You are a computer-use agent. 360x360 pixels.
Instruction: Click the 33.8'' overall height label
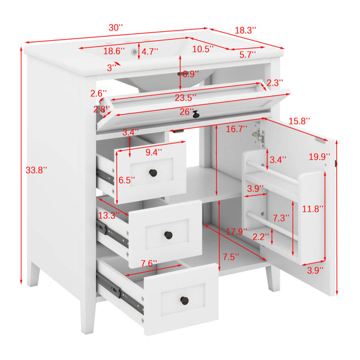36,170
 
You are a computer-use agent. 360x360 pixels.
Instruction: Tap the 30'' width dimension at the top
116,28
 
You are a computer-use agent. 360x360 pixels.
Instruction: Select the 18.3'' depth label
245,31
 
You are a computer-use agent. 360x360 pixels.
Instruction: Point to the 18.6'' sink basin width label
114,51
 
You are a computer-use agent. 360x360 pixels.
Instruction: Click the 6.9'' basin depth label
190,74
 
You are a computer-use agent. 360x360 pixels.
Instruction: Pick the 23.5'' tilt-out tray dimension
185,98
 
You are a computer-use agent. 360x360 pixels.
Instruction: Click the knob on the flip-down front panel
196,115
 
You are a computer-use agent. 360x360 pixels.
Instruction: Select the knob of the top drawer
153,173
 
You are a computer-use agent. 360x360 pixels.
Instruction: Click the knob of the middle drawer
168,235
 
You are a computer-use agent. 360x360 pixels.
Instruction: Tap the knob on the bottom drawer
184,301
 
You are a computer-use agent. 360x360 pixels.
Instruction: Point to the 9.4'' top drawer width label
154,152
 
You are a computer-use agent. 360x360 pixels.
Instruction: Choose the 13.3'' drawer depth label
109,215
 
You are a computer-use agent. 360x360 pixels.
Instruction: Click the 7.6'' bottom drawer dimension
149,263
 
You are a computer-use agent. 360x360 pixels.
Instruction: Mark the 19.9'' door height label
319,157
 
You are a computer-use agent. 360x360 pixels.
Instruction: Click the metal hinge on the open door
259,136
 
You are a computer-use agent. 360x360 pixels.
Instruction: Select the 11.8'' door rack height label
313,209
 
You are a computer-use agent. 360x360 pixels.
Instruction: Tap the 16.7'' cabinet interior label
236,129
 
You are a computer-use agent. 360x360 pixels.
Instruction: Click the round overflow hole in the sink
134,52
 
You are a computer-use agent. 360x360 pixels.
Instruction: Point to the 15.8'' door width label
299,121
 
